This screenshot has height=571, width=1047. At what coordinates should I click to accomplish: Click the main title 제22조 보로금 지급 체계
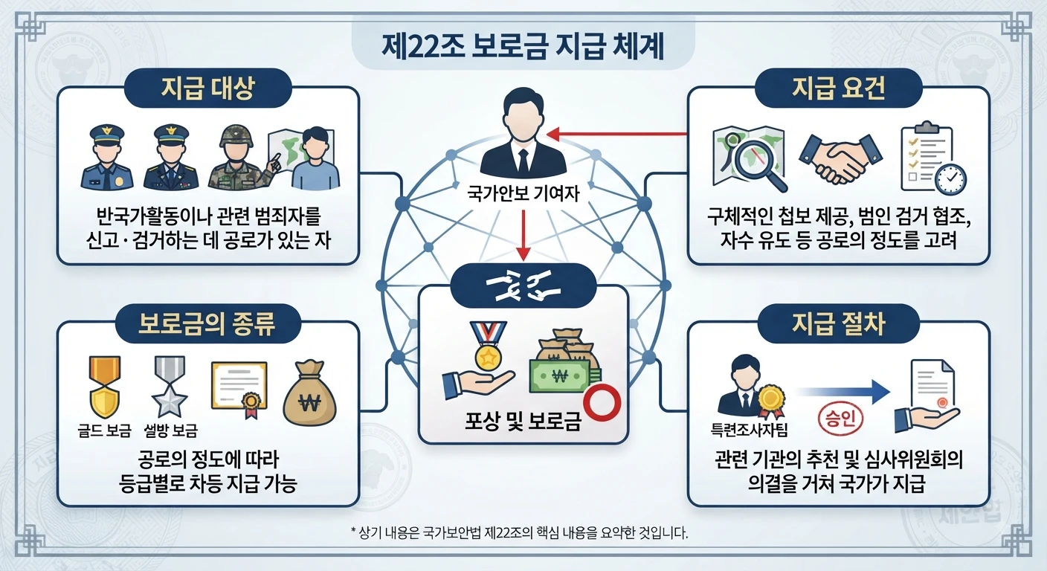(x=523, y=47)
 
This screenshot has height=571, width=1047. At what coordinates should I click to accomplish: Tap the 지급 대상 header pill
(x=208, y=88)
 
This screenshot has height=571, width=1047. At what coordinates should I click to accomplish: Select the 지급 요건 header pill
(x=839, y=88)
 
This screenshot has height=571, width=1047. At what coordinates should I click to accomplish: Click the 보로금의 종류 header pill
(x=207, y=323)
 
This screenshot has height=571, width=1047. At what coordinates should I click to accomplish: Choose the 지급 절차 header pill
(x=839, y=323)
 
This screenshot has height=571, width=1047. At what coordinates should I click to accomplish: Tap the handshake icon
(x=840, y=159)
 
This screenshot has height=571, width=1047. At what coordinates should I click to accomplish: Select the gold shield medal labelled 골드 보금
(x=105, y=387)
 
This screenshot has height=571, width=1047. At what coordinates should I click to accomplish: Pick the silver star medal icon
(x=170, y=387)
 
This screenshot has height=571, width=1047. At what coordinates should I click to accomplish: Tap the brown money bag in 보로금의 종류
(x=309, y=393)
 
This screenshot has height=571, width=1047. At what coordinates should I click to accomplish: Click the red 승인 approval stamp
(x=840, y=419)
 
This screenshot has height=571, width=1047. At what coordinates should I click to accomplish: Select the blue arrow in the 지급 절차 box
(x=841, y=392)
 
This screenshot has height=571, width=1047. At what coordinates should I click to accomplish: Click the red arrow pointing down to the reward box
(x=523, y=235)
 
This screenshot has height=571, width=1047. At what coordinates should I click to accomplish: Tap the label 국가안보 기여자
(x=523, y=193)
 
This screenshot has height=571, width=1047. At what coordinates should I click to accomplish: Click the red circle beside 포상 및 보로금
(x=602, y=403)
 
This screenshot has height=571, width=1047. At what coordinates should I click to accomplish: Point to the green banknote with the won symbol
(x=559, y=375)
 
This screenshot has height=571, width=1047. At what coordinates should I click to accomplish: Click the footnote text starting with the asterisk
(x=519, y=532)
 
